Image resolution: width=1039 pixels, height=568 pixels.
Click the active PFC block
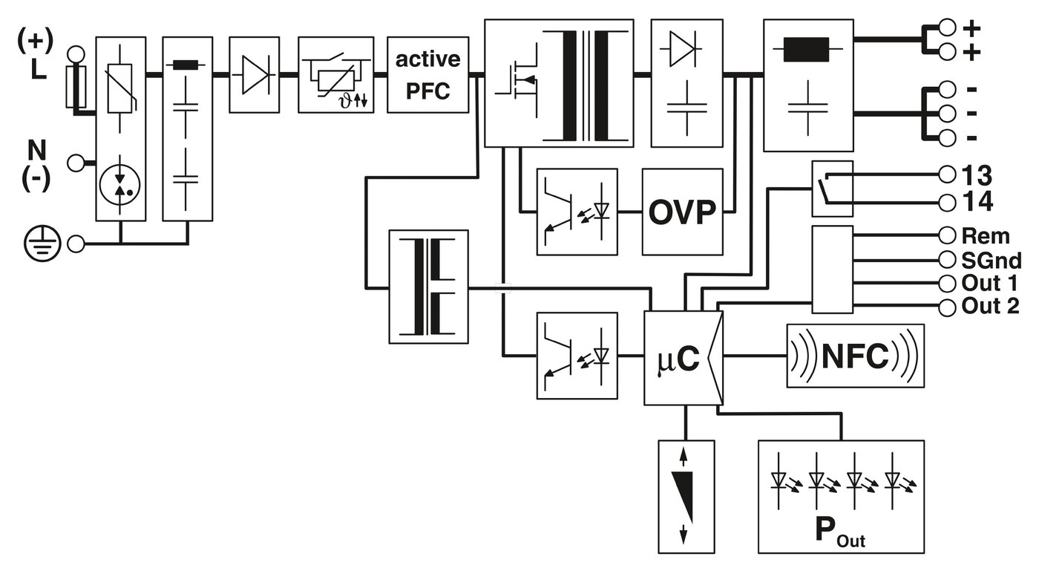click(427, 75)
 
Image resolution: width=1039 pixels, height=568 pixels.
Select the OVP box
click(682, 212)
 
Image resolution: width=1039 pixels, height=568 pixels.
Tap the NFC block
click(855, 356)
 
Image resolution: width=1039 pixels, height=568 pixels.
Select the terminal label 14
click(976, 201)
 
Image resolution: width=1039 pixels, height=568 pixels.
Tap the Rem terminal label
click(986, 236)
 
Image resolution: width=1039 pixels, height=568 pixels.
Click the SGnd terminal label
click(991, 260)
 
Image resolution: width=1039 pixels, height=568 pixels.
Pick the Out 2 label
click(990, 306)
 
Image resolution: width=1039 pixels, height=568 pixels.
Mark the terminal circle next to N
click(76, 163)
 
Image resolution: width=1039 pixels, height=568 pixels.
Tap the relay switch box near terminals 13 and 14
click(832, 189)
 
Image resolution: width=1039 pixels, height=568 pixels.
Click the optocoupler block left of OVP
click(577, 212)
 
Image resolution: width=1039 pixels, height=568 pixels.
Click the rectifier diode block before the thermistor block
click(254, 75)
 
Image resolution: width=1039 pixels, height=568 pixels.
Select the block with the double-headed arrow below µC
click(686, 496)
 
